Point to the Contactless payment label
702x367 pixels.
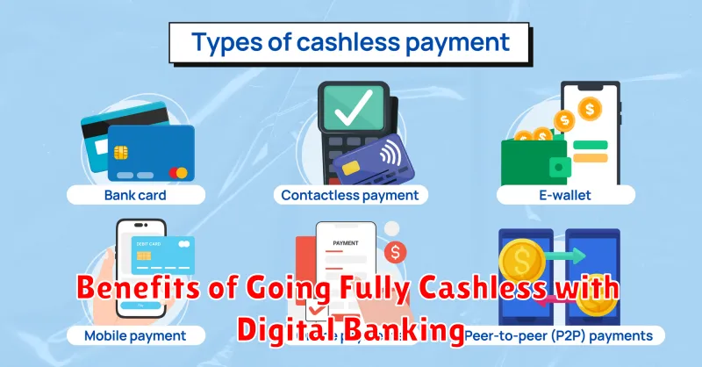[x=349, y=194]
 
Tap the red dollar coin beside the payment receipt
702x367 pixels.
[x=396, y=253]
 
